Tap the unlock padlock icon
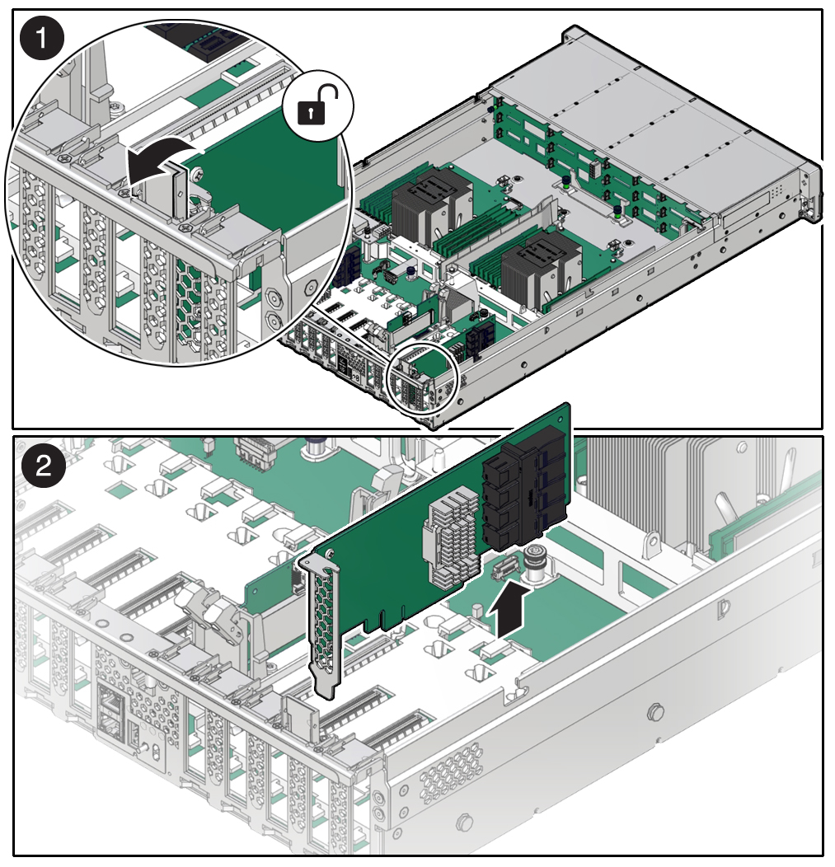point(316,110)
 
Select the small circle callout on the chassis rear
point(422,378)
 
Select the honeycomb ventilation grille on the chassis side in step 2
point(450,780)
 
